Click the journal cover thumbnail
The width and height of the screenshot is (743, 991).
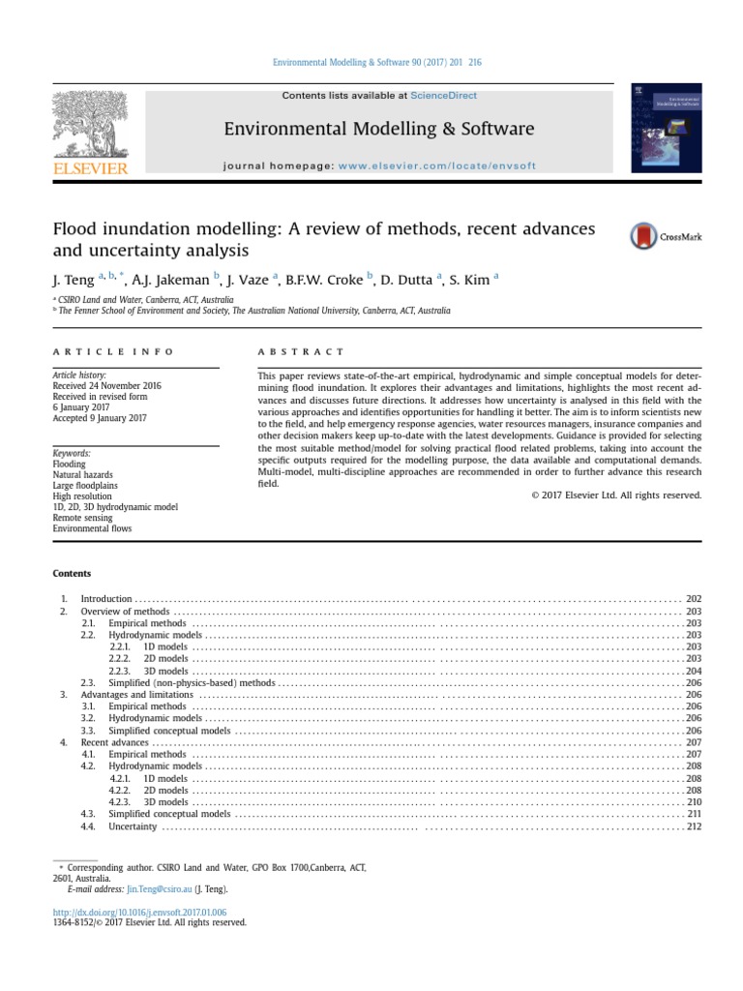666,128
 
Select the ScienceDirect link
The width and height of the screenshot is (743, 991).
443,96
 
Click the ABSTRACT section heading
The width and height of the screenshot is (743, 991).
301,352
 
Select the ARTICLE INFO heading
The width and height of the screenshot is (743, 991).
113,352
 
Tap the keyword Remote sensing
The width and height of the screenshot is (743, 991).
82,518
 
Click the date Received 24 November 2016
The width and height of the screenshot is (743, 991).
106,386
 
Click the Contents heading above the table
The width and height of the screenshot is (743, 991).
72,573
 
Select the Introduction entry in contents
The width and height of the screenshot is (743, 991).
105,600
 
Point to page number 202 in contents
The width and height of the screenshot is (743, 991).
694,600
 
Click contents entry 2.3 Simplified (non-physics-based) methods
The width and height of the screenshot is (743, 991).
192,682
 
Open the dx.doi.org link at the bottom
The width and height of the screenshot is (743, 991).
139,912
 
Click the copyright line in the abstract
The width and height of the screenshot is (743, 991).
616,495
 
